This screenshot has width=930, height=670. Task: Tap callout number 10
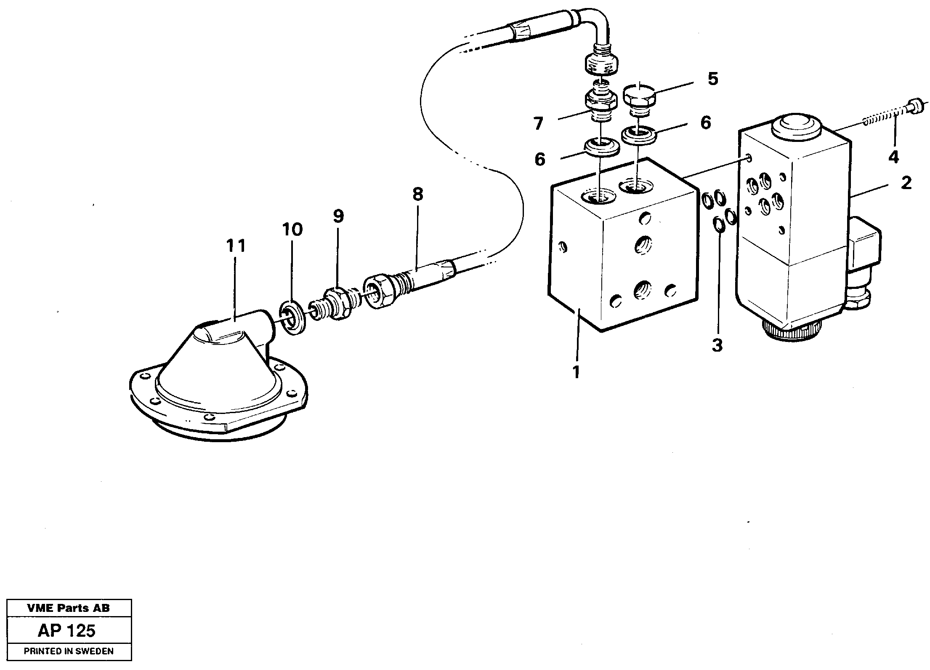click(292, 230)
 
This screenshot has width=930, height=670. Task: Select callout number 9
click(338, 216)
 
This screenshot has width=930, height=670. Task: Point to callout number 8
click(417, 195)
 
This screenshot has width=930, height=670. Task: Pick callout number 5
click(712, 79)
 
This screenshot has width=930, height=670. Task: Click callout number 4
click(893, 157)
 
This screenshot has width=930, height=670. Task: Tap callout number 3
click(717, 346)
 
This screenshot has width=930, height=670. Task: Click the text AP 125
click(67, 631)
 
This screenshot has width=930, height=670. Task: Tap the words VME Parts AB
click(69, 608)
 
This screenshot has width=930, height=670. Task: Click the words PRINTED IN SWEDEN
click(69, 651)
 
